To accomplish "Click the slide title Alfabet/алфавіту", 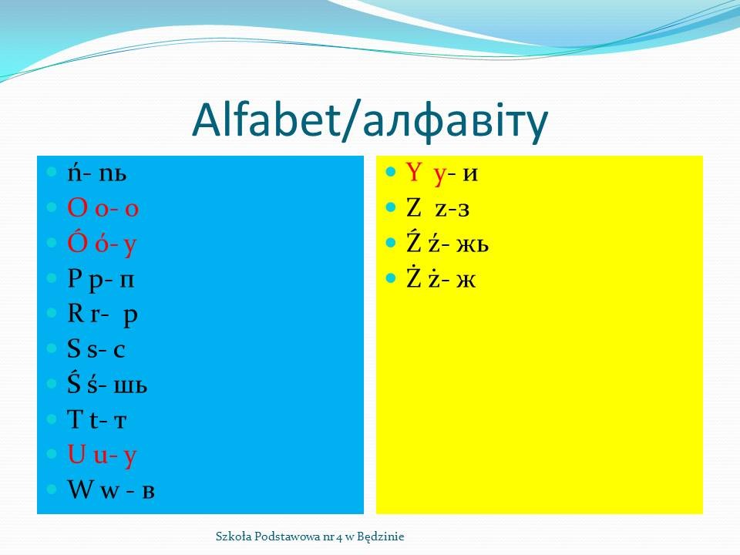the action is point(370,120).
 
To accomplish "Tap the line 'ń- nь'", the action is point(97,173).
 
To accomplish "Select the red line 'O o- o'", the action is point(103,207).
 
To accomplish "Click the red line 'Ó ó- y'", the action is point(102,243).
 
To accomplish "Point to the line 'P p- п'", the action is point(101,279).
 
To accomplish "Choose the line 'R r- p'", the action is point(103,314).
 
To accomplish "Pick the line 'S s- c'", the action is point(96,349).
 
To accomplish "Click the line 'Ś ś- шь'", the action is point(107,384).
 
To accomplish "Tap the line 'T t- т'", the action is point(97,419).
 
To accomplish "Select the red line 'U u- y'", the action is point(102,455).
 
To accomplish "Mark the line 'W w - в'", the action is point(111,489).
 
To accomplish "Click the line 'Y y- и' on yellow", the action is point(442,173).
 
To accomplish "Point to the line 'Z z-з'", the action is point(438,208).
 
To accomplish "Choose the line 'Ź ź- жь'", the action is point(447,243).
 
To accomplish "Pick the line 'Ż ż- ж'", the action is point(441,278).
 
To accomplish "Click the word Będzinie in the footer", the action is point(380,536).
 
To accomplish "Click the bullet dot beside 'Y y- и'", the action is point(390,171).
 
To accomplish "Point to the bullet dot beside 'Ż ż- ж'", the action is point(390,278).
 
